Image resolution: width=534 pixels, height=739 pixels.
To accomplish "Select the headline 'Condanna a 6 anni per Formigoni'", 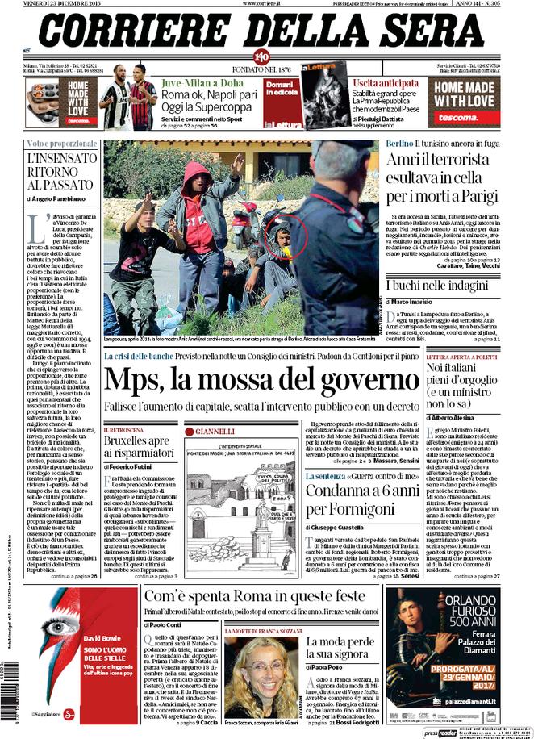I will [360, 501].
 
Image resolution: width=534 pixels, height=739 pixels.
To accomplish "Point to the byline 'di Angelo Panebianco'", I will [58, 198].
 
